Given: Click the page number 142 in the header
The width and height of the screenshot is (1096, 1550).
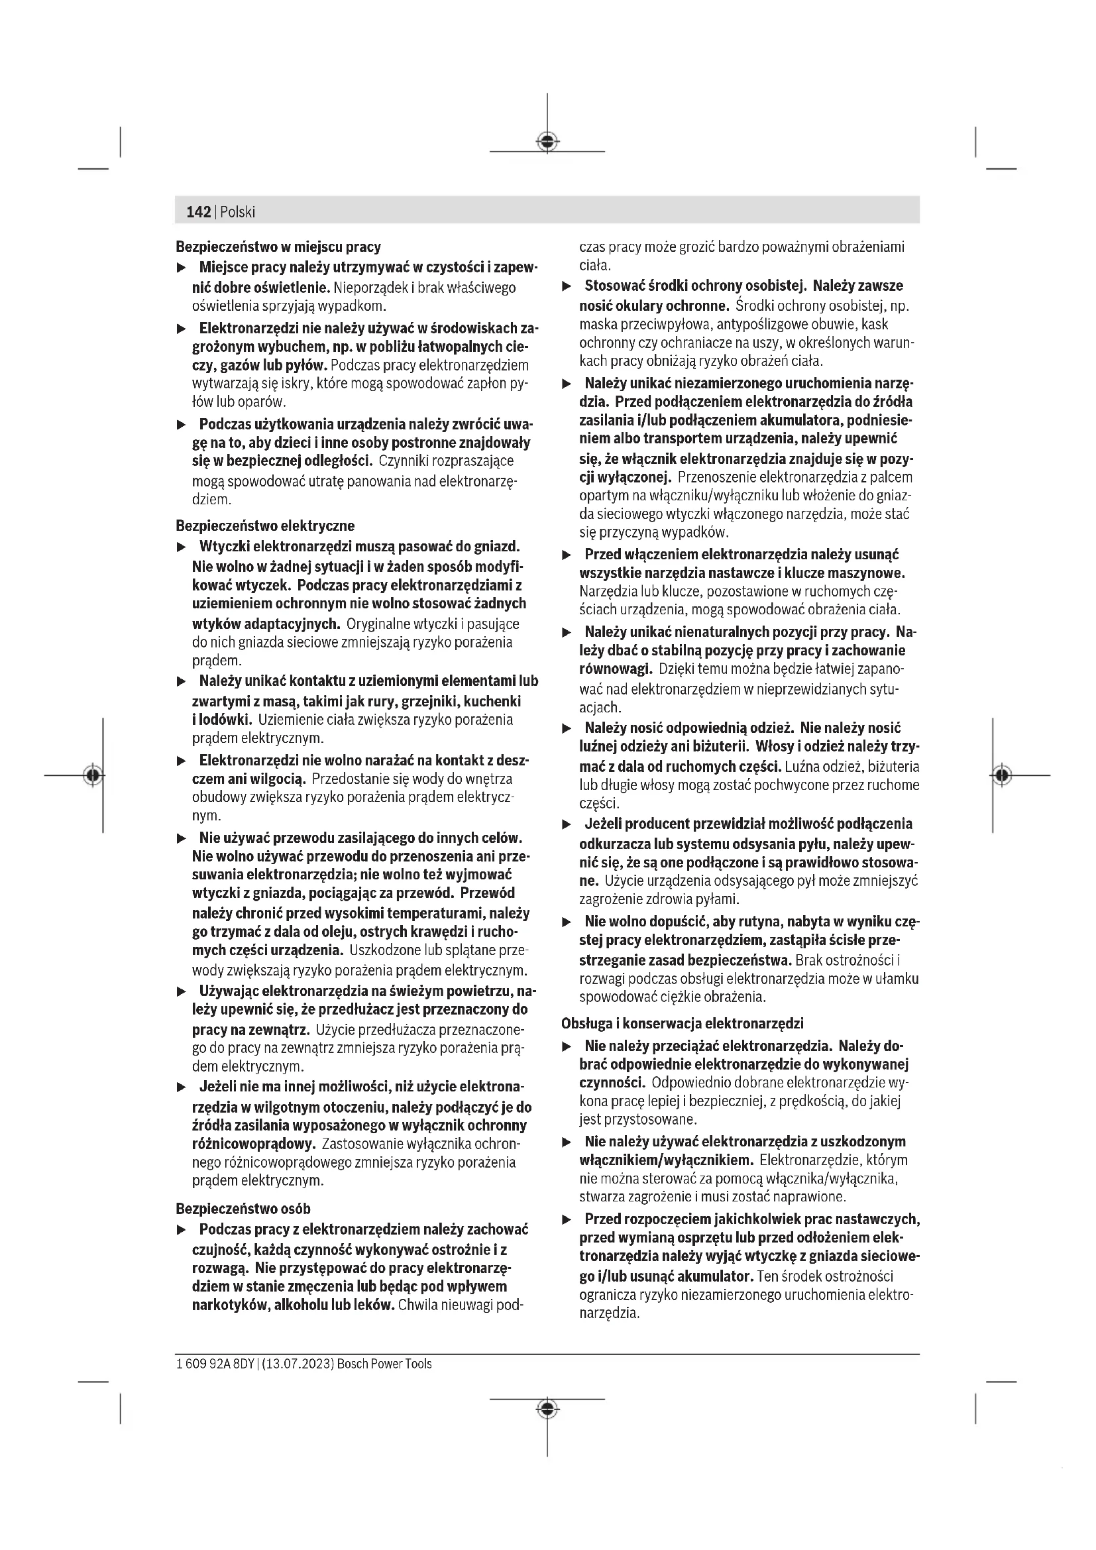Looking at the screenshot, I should click(197, 212).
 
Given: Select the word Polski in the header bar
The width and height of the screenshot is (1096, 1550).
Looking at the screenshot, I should click(238, 212).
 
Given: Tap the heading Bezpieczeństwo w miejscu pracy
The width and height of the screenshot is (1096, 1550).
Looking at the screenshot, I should click(278, 247).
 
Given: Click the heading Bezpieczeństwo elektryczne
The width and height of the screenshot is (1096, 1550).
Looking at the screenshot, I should click(265, 526).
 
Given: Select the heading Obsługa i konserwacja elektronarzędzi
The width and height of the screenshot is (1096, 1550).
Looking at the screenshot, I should click(683, 1023).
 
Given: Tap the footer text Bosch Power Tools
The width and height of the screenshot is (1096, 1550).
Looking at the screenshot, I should click(384, 1364).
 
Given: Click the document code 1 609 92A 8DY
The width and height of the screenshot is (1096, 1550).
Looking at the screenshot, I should click(215, 1364).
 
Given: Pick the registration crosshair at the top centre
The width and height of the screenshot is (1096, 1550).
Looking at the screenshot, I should click(547, 141).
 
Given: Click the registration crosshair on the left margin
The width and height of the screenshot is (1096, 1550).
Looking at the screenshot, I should click(93, 775).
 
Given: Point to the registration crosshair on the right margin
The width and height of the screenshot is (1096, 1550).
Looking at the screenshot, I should click(1002, 775).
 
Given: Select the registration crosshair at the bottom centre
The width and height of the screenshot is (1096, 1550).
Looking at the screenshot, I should click(547, 1408).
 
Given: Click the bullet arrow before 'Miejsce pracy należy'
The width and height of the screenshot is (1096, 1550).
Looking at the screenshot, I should click(181, 268).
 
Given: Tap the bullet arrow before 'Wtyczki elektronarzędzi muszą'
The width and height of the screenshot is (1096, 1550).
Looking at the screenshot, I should click(181, 546).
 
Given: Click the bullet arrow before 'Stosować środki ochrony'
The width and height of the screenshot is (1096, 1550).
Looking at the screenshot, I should click(567, 286).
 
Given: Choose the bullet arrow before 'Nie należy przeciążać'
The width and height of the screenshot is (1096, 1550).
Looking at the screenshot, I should click(567, 1046).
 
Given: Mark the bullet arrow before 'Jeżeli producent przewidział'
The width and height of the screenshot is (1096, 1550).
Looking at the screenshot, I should click(567, 824).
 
